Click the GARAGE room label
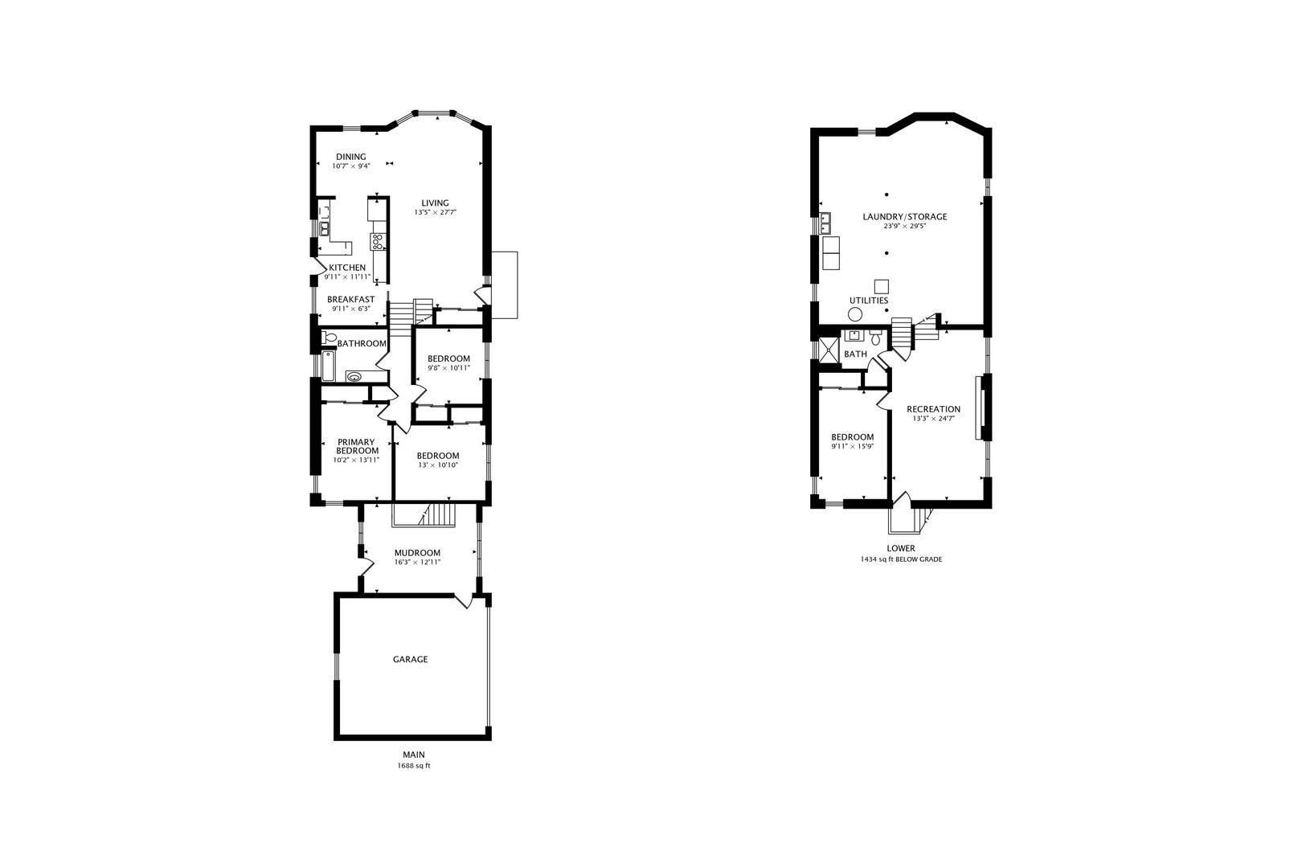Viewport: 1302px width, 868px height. coord(410,659)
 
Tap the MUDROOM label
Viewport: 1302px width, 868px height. coord(417,553)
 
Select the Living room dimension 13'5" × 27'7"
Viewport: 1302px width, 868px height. coord(436,213)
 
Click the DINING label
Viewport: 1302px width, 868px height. coord(351,157)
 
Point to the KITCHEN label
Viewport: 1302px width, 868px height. coord(347,268)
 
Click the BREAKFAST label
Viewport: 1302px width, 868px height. coord(351,300)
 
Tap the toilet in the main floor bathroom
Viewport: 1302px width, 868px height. coord(329,338)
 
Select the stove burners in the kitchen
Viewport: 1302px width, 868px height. coord(378,241)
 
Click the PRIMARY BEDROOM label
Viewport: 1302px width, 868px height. coord(357,447)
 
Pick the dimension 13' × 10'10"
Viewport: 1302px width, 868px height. coord(438,465)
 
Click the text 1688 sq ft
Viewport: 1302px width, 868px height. coord(414,766)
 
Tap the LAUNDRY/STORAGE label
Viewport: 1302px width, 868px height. coord(904,217)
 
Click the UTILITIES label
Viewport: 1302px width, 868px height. coord(869,301)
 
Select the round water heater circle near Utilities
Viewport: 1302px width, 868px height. coord(854,314)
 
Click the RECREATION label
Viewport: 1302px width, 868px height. coord(933,409)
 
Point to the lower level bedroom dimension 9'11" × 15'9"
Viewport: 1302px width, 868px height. coord(853,447)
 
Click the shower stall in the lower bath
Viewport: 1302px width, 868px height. coord(829,350)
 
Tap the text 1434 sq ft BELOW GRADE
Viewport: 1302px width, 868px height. coord(902,559)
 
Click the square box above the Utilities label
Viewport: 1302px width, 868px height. coord(882,287)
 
